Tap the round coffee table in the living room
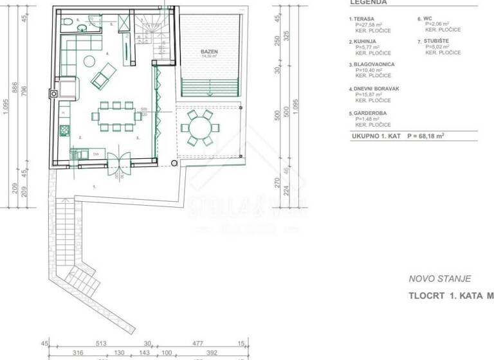tap(89, 61)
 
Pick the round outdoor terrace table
tap(199, 127)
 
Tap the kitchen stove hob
tap(64, 131)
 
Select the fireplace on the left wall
tap(65, 88)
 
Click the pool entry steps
tap(210, 86)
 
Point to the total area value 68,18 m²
tap(441, 136)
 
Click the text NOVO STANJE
tap(439, 279)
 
